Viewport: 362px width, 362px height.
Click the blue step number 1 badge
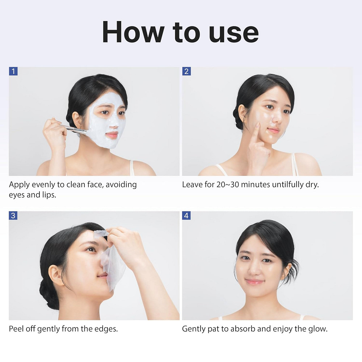[x=13, y=71]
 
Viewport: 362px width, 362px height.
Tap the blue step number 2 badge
[x=186, y=71]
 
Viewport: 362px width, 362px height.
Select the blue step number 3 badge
[x=13, y=216]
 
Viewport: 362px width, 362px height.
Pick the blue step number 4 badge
[x=186, y=216]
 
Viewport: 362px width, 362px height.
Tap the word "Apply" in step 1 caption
[x=19, y=185]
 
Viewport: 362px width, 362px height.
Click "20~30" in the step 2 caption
[x=226, y=185]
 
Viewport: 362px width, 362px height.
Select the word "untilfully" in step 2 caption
[x=286, y=185]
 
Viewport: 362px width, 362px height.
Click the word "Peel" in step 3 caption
[x=16, y=329]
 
